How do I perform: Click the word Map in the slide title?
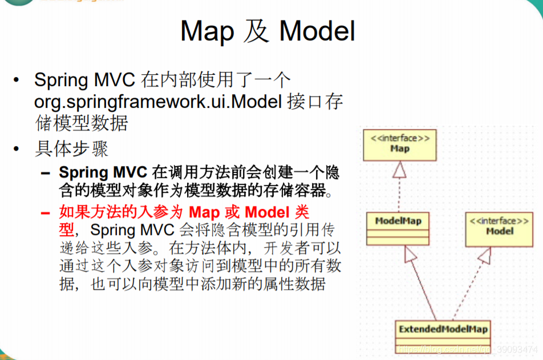click(x=206, y=31)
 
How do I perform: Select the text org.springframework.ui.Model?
click(x=158, y=102)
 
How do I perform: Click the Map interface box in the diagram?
click(x=400, y=144)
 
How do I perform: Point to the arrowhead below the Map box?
click(x=400, y=168)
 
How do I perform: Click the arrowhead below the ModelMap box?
click(x=410, y=254)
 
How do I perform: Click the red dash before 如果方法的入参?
click(x=46, y=213)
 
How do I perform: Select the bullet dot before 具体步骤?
click(x=19, y=150)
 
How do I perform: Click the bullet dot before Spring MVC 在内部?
click(x=19, y=80)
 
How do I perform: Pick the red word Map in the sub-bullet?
click(x=204, y=213)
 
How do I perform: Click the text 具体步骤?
click(x=71, y=149)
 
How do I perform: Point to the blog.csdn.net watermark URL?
click(x=467, y=348)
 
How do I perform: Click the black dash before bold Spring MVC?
click(x=46, y=173)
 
